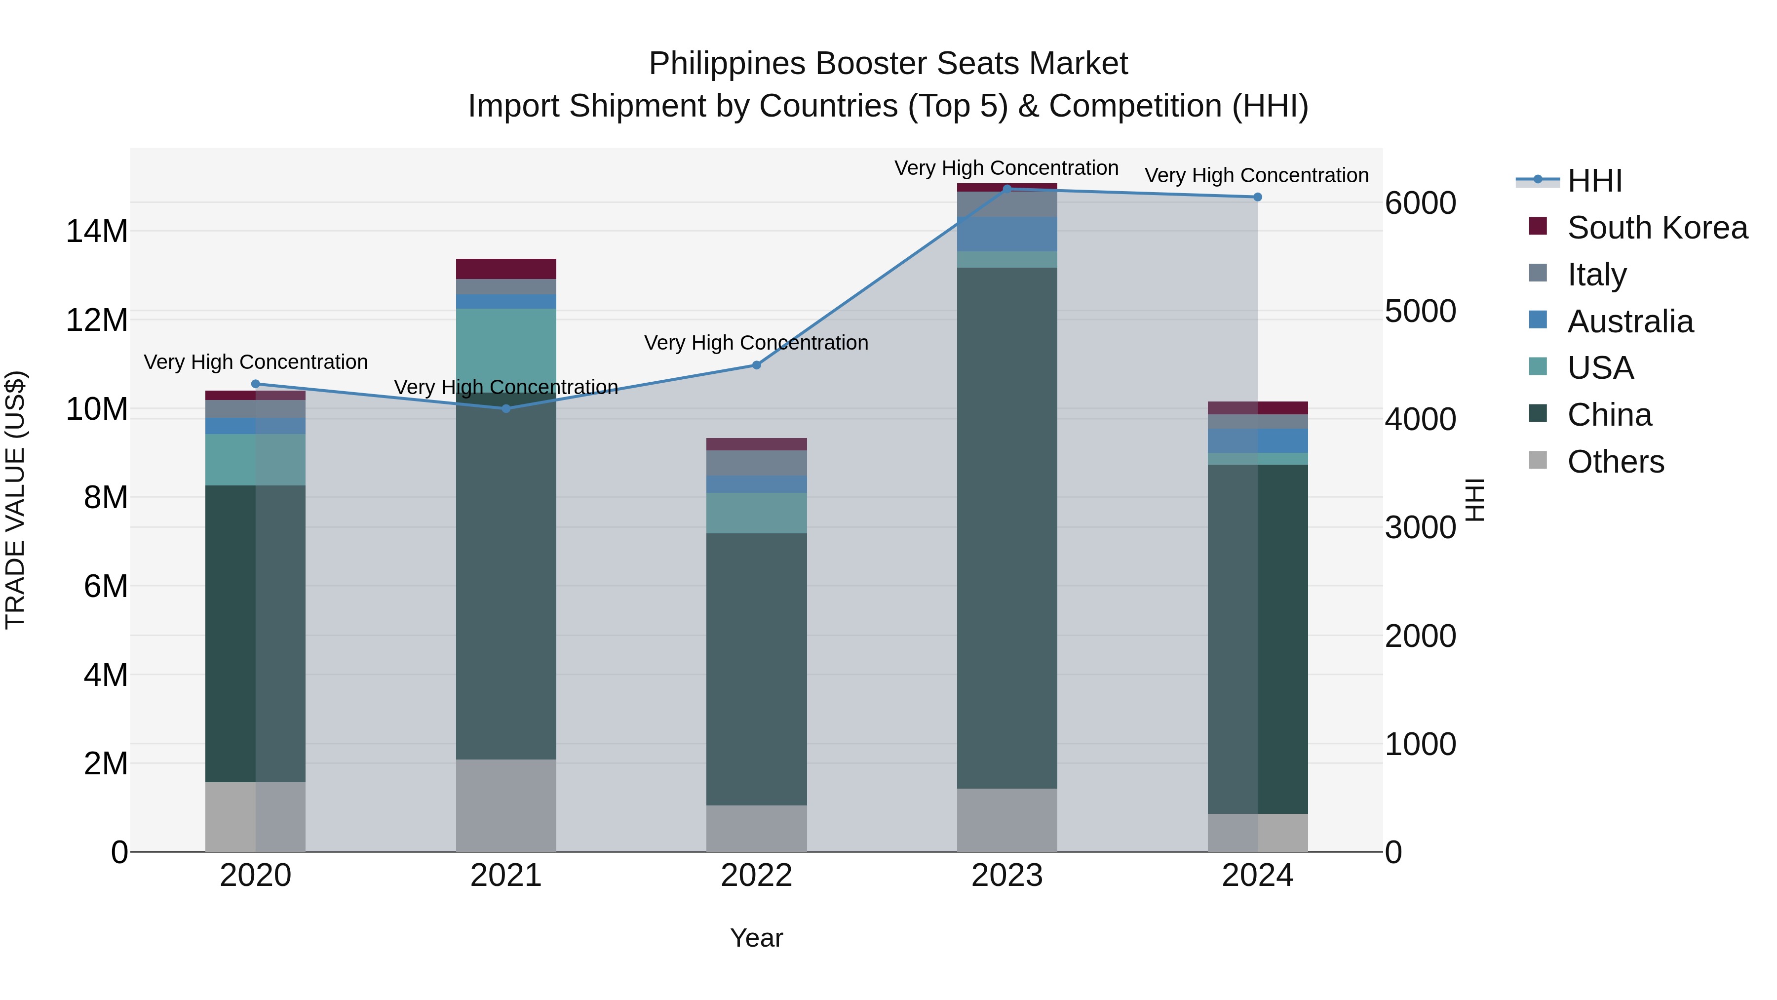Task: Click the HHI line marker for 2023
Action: [1006, 189]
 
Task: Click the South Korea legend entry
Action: [1657, 228]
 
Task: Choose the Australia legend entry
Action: [1629, 321]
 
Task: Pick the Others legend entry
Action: [1615, 462]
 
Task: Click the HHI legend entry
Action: [1594, 181]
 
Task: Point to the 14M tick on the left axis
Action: [97, 231]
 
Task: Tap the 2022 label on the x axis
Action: [756, 876]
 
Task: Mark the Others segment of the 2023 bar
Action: [1006, 820]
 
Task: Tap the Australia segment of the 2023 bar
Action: [1006, 234]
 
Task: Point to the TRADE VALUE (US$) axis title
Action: [15, 500]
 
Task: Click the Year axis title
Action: [756, 938]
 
